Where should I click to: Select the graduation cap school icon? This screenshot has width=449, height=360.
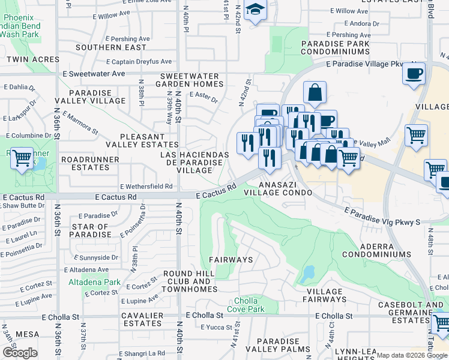point(255,10)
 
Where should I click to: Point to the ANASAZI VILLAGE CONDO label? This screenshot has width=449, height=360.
point(285,188)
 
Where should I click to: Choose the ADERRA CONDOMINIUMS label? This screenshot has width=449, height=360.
point(385,251)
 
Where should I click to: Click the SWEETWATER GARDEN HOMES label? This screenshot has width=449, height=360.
point(191,80)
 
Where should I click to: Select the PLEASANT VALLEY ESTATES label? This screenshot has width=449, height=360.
point(141,140)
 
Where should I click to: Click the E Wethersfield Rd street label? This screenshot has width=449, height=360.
point(146,186)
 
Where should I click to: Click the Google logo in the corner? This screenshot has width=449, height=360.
point(20,353)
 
